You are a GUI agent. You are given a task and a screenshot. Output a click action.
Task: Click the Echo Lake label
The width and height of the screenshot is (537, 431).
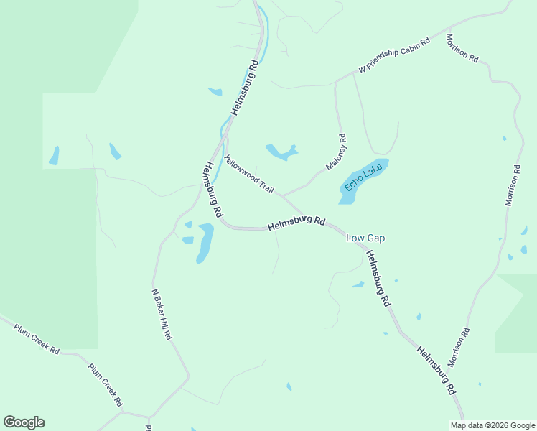point(363,177)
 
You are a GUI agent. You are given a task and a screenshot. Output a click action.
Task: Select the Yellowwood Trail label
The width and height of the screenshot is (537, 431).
point(249,175)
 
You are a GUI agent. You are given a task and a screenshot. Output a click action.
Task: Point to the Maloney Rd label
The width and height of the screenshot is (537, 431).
point(337,152)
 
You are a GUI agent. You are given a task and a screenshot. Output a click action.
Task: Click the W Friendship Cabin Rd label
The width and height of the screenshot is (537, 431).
point(393,55)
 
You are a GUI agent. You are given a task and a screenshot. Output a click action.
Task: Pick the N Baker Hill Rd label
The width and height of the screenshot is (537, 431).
point(162,314)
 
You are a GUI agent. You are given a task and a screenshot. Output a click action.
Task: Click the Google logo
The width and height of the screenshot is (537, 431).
point(24,422)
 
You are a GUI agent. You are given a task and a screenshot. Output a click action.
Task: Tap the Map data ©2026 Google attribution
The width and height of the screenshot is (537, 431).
point(492,425)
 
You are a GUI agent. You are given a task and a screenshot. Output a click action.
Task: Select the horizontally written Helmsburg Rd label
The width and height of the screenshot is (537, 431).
point(297,223)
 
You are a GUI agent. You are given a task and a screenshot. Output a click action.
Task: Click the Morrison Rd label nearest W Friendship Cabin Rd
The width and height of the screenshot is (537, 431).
point(462,48)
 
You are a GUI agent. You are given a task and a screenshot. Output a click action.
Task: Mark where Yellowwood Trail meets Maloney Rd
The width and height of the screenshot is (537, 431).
point(283,195)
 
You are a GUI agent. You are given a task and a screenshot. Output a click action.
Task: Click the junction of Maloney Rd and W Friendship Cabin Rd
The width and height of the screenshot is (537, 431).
point(336,82)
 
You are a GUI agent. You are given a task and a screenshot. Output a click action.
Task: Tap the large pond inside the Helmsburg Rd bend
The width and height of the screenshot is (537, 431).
point(205,241)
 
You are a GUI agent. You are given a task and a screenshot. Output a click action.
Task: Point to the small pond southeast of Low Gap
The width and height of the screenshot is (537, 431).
point(358,284)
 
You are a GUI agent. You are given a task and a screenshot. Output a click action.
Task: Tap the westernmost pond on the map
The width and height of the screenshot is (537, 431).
point(54,155)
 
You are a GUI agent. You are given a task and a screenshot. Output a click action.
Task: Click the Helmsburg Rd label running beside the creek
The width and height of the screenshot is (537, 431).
point(244,88)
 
